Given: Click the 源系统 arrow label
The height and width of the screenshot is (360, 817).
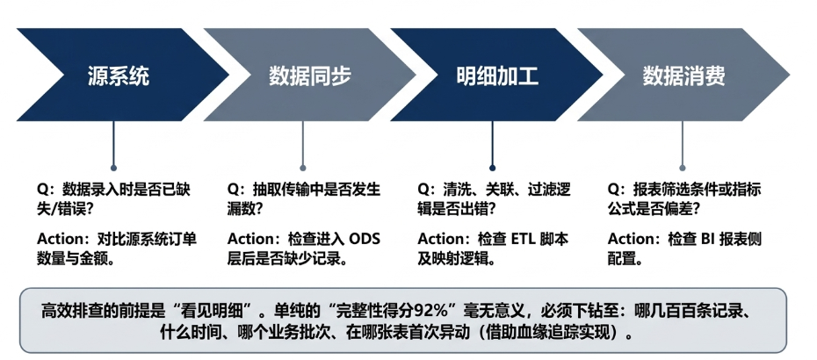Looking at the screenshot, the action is point(119,76).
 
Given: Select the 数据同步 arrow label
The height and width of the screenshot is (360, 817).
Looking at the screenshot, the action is point(310,76).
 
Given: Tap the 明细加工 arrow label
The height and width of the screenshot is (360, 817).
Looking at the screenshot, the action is point(497,76).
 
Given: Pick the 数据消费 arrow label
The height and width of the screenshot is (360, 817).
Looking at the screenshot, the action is point(683,76).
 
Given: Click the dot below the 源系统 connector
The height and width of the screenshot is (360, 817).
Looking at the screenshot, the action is point(113,169).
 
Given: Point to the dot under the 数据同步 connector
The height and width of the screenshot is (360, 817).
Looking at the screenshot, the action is point(303,169).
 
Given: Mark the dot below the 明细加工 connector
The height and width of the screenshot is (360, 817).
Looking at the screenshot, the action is point(492,169).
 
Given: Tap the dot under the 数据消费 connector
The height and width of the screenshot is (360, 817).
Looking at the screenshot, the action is point(682,169).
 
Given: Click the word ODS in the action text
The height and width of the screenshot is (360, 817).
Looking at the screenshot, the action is point(365,239).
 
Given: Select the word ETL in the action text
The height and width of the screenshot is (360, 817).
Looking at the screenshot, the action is point(524,239).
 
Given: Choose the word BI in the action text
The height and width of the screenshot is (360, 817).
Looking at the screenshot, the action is point(707,239).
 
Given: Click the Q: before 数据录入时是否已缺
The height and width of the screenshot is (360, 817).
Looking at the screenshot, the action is point(47,189).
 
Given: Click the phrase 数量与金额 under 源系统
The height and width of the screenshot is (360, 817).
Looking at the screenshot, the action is point(69,258).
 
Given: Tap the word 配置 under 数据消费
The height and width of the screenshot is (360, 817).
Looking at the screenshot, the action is point(620,258).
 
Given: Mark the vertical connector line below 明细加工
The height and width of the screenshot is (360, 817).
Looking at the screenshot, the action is point(492,143).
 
